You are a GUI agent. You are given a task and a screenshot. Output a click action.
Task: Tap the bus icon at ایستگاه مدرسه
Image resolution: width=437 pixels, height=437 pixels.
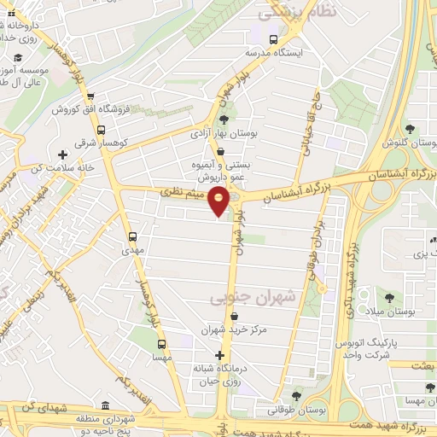tap(273, 39)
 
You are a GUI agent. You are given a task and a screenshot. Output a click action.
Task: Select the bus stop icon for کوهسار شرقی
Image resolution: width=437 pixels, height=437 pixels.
tap(101, 131)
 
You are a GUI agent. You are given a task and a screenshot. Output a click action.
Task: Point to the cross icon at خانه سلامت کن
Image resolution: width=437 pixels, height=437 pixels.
tap(61, 154)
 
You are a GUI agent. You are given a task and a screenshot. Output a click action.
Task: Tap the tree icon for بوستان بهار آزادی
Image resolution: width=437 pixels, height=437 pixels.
tap(223, 119)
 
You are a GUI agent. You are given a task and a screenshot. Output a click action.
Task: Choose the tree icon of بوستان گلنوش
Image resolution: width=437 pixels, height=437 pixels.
tap(411, 129)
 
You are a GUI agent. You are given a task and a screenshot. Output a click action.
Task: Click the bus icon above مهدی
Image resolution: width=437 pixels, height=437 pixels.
tap(132, 236)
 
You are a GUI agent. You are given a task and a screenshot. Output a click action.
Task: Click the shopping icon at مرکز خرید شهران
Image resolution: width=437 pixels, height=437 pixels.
tap(223, 317)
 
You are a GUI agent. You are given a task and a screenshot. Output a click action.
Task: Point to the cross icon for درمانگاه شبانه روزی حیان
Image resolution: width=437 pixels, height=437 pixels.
tap(221, 354)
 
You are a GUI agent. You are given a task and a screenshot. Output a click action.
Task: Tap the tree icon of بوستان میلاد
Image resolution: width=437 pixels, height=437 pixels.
tap(389, 298)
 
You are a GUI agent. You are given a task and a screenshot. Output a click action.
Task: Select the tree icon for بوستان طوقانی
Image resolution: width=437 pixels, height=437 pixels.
tap(296, 396)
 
